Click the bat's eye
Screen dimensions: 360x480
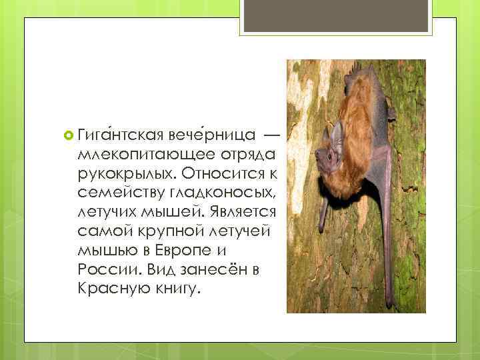click(325, 155)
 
